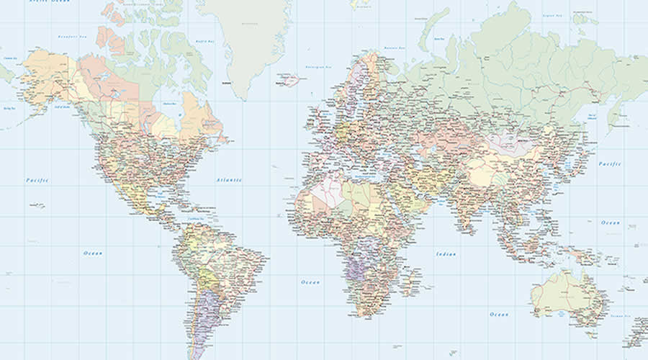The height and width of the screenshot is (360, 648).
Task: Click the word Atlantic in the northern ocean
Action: pyautogui.click(x=230, y=179)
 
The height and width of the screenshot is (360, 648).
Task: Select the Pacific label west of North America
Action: pyautogui.click(x=37, y=180)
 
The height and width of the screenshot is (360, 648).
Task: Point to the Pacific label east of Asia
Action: pyautogui.click(x=609, y=164)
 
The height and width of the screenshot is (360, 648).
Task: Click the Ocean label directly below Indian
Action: pyautogui.click(x=499, y=314)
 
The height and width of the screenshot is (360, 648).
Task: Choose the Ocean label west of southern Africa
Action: pyautogui.click(x=310, y=282)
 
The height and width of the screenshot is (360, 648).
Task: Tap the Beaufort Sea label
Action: pyautogui.click(x=73, y=35)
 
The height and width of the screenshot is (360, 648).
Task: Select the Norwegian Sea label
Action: pyautogui.click(x=319, y=68)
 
